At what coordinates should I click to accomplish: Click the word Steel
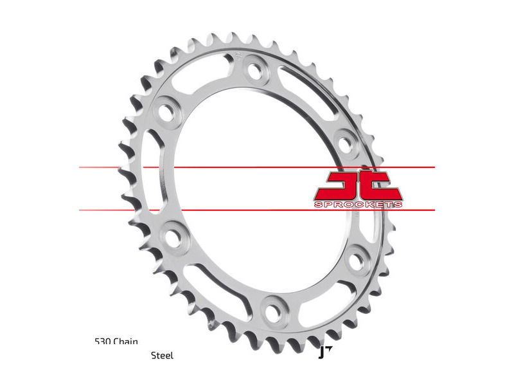point(162,355)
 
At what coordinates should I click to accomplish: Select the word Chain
point(127,342)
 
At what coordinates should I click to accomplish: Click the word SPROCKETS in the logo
point(359,205)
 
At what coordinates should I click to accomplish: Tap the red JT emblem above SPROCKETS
point(358,185)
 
